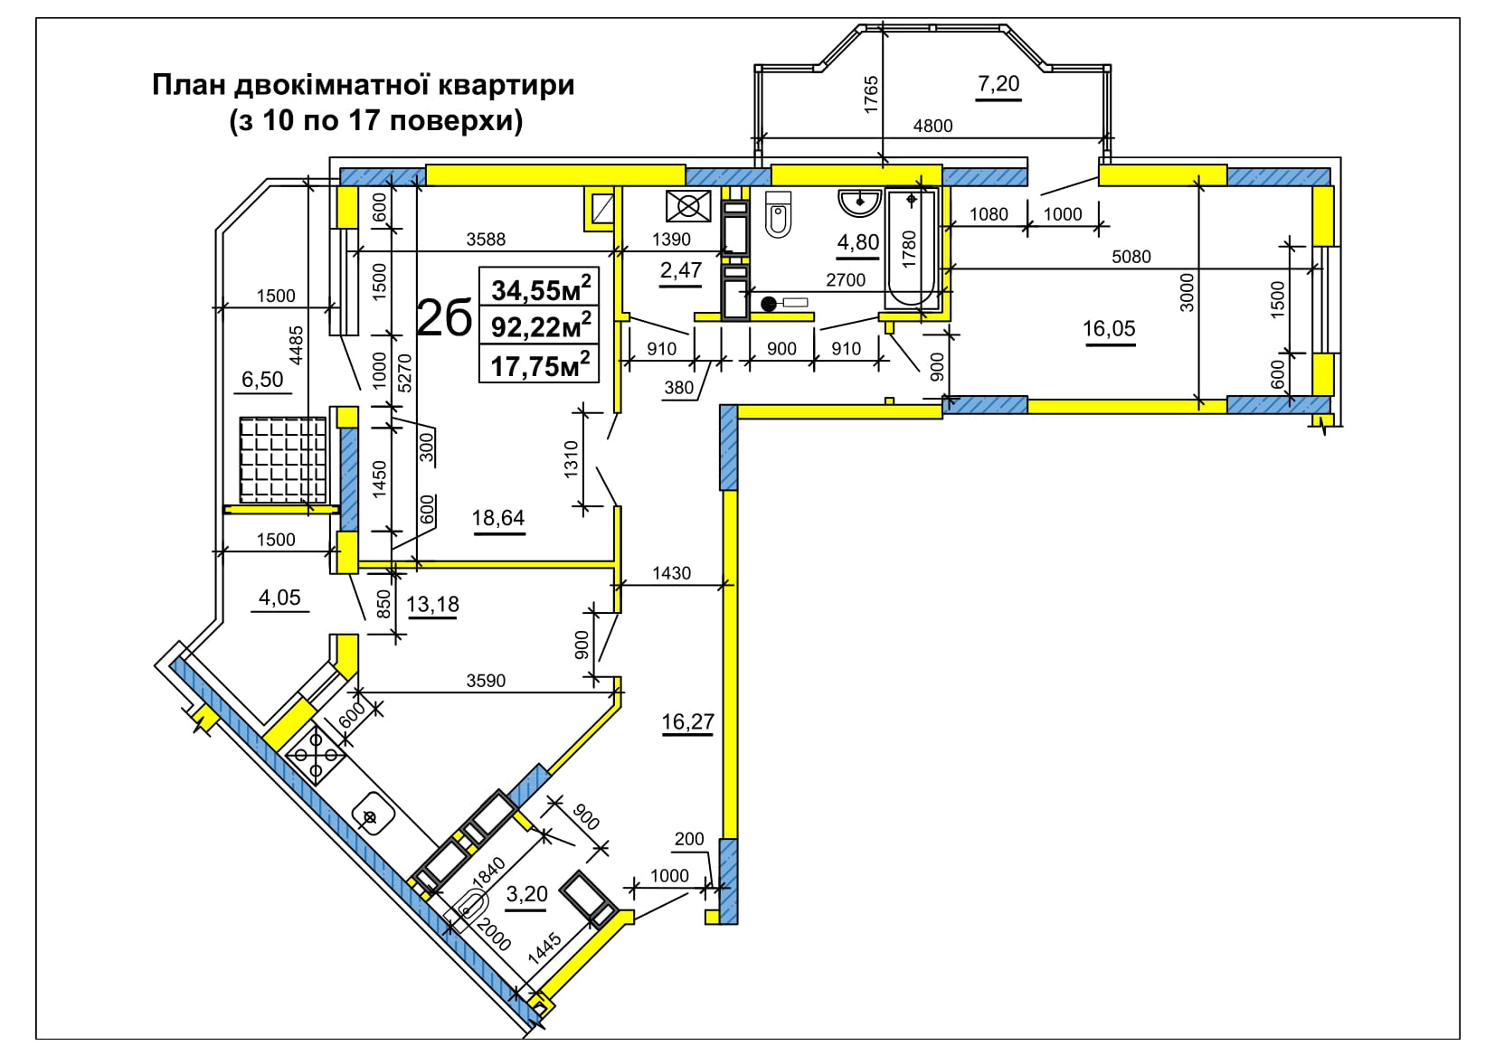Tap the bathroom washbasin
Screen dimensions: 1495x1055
(859, 203)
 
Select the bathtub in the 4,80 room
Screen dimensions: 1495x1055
(911, 249)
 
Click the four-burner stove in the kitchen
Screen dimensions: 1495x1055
(316, 755)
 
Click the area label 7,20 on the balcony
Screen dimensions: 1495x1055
(998, 84)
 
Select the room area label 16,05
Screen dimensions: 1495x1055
(1109, 328)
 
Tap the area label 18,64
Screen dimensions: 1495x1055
(498, 517)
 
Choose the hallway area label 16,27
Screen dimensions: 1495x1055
(687, 721)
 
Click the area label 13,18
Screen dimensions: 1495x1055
(432, 604)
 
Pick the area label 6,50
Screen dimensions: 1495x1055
(262, 379)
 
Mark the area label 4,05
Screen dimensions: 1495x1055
(279, 597)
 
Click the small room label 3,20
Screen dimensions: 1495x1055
(526, 893)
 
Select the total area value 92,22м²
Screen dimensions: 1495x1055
(541, 326)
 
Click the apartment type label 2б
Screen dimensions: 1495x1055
(444, 318)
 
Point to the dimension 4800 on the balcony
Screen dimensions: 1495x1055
(932, 126)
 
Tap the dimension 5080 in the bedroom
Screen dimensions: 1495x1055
(1131, 256)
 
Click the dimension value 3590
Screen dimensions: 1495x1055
(485, 681)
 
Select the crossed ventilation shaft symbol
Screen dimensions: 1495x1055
(688, 206)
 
